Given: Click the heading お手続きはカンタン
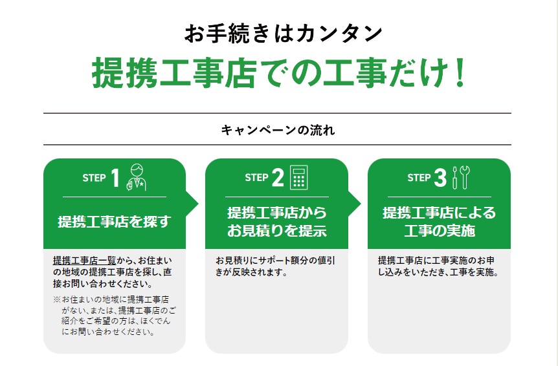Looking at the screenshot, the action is [284, 34].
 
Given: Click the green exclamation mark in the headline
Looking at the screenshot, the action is [460, 73].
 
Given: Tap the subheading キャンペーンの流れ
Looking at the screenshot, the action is [278, 130].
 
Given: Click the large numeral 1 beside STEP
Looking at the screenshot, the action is [115, 177].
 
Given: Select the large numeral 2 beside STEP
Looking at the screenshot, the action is [278, 177].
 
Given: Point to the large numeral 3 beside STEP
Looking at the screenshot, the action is [440, 177].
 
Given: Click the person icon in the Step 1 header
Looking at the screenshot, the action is [137, 177].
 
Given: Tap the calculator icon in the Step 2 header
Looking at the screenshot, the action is [299, 177].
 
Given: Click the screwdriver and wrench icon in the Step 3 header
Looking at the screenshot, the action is [461, 177].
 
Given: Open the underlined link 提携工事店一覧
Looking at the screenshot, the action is [85, 261].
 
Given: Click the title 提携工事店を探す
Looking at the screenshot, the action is [115, 222].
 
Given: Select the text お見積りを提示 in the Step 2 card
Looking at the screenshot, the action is [277, 231].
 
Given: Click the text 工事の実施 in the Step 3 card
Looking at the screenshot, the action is [440, 231].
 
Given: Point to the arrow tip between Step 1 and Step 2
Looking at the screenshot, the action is [198, 204].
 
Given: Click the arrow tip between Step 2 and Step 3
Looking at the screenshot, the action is [361, 204].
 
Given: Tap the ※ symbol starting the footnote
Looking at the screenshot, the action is [57, 299].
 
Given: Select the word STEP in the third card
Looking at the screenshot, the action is [419, 178].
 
